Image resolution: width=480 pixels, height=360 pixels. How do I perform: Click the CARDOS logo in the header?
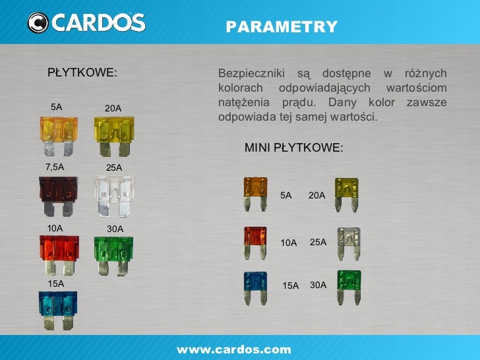tap(86, 22)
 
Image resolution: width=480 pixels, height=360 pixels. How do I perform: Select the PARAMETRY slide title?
tap(282, 27)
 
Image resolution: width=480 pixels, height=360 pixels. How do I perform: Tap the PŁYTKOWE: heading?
tap(82, 72)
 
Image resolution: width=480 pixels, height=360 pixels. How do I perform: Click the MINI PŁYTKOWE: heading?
tap(294, 148)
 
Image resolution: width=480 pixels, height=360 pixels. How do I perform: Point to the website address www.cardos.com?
tap(233, 349)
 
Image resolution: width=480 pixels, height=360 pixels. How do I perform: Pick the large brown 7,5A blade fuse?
tap(58, 194)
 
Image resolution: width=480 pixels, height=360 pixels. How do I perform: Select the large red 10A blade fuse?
tap(59, 254)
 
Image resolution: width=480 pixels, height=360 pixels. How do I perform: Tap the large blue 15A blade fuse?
tap(58, 310)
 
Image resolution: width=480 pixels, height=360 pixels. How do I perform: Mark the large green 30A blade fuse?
tap(114, 254)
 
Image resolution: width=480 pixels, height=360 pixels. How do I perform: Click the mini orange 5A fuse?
tap(255, 193)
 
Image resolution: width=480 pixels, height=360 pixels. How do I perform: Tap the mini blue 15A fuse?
tap(255, 287)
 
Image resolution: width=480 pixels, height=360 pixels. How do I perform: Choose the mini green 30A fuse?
tap(349, 286)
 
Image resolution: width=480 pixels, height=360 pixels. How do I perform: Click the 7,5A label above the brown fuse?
tap(55, 167)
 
